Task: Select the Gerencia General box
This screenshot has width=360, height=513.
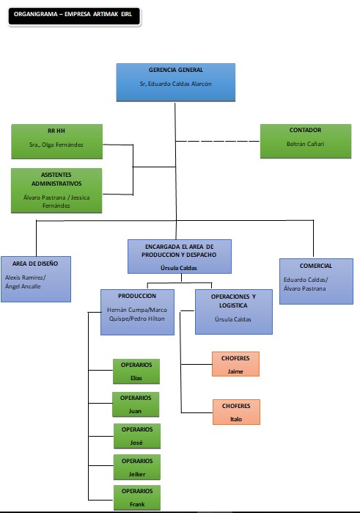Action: pyautogui.click(x=176, y=81)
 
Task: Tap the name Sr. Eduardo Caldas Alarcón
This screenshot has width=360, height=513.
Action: pyautogui.click(x=176, y=84)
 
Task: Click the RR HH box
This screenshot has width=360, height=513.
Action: pyautogui.click(x=56, y=141)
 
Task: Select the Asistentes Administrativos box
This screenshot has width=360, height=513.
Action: pyautogui.click(x=56, y=190)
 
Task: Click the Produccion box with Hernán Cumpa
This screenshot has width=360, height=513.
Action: pyautogui.click(x=136, y=310)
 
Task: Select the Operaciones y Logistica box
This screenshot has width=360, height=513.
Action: pyautogui.click(x=233, y=311)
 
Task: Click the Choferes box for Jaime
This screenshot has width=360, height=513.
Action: pyautogui.click(x=235, y=364)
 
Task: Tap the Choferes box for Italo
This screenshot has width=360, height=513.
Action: pyautogui.click(x=235, y=412)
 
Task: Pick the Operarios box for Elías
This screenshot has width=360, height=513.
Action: pyautogui.click(x=136, y=371)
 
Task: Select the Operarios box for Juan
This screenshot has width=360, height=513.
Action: pyautogui.click(x=136, y=404)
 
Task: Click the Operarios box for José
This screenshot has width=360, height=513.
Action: pyautogui.click(x=136, y=435)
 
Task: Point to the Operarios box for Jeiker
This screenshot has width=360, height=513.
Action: pyautogui.click(x=136, y=467)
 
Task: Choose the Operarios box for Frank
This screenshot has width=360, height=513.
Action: pyautogui.click(x=136, y=498)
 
